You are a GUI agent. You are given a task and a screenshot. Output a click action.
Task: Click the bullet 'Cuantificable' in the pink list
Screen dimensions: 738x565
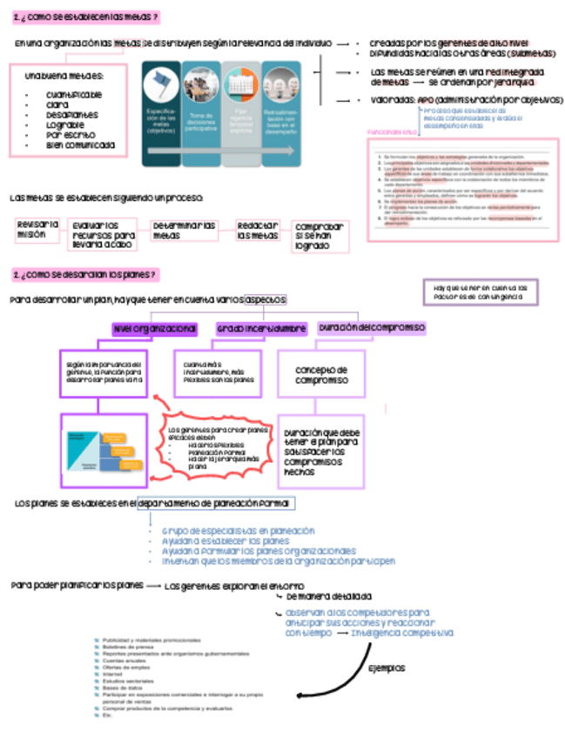74,94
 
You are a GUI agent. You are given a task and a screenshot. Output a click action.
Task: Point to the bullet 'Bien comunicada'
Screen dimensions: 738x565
80,145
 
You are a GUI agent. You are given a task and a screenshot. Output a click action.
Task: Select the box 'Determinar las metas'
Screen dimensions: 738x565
184,231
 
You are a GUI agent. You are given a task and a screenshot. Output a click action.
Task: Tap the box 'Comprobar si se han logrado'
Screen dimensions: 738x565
319,236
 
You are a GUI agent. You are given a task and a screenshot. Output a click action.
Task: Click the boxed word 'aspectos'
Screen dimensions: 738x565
266,299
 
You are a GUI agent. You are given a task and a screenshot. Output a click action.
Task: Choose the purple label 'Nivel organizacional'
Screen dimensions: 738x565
154,329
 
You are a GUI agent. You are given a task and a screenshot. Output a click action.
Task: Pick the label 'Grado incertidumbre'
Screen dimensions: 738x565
261,329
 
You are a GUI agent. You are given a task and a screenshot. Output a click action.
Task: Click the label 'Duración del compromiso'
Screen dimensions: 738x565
372,327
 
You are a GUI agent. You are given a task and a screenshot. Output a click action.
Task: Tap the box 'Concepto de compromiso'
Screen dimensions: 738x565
321,375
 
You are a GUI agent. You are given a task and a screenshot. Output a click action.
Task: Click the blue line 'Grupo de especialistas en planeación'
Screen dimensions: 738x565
238,530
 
